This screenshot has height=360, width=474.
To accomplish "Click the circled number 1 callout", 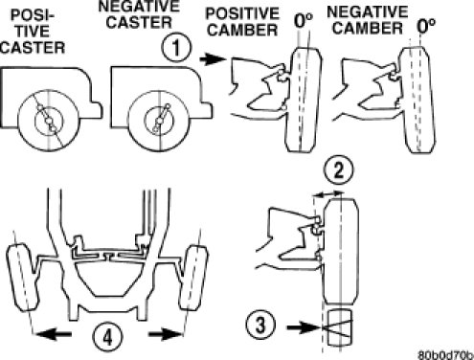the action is pyautogui.click(x=176, y=48).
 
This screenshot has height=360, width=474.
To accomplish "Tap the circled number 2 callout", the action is pyautogui.click(x=338, y=169).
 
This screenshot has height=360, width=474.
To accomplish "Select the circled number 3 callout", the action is pyautogui.click(x=260, y=326).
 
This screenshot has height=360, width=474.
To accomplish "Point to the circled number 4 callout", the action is pyautogui.click(x=107, y=337).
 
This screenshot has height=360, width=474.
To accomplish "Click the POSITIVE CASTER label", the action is pyautogui.click(x=33, y=32).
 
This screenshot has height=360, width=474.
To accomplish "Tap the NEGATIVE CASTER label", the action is pyautogui.click(x=139, y=14).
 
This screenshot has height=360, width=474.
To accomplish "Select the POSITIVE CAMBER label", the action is pyautogui.click(x=242, y=22).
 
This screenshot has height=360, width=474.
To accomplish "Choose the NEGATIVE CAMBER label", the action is pyautogui.click(x=368, y=20).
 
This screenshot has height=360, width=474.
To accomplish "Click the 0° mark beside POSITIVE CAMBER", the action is pyautogui.click(x=304, y=21).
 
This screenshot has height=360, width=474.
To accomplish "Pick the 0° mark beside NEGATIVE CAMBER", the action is pyautogui.click(x=426, y=26).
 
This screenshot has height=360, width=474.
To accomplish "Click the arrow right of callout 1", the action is pyautogui.click(x=213, y=59).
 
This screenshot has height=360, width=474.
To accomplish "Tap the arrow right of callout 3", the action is pyautogui.click(x=304, y=327).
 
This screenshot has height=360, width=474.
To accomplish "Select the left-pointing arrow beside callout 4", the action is pyautogui.click(x=53, y=334).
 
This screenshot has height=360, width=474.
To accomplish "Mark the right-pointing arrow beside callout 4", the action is pyautogui.click(x=165, y=334).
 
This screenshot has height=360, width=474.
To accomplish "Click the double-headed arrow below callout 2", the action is pyautogui.click(x=328, y=193).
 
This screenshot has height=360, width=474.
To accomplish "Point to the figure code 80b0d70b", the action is pyautogui.click(x=446, y=355).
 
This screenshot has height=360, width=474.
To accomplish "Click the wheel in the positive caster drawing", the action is pyautogui.click(x=49, y=121).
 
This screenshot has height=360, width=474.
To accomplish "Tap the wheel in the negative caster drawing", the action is pyautogui.click(x=158, y=121).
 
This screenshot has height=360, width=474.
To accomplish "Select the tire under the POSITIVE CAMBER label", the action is pyautogui.click(x=304, y=100).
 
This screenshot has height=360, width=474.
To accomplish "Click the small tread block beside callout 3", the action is pyautogui.click(x=340, y=327).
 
